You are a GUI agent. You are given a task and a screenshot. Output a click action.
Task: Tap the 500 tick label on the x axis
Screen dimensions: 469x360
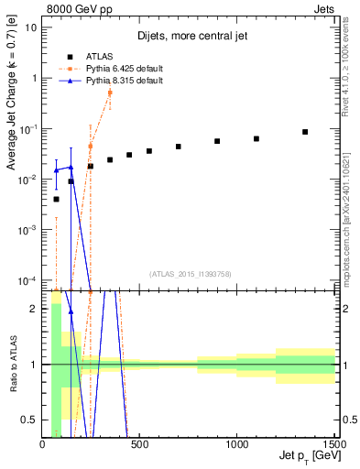[x=140, y=444]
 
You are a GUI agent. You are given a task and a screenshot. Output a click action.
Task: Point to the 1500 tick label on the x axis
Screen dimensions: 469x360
[x=334, y=444]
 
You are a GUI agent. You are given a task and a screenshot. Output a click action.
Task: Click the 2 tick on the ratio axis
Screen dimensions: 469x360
[x=33, y=309]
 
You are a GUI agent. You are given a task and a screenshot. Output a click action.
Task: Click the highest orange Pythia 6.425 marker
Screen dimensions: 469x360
[x=110, y=93]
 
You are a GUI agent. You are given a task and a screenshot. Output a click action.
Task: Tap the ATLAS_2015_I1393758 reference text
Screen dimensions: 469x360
[x=190, y=274]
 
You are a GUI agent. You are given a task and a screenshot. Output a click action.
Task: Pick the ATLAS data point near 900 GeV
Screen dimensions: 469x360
[x=217, y=141]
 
